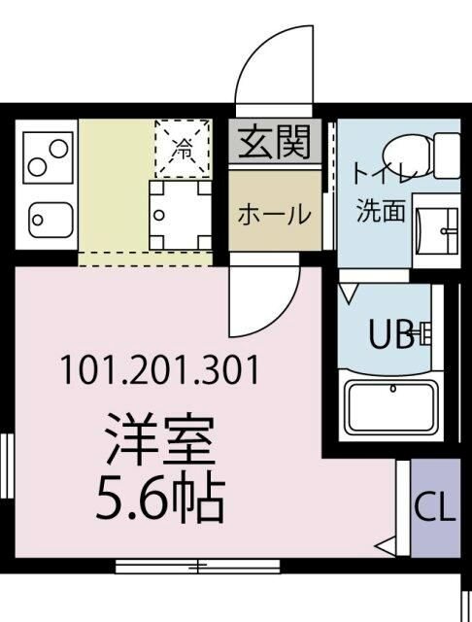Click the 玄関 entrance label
click(274, 143)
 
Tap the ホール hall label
click(275, 214)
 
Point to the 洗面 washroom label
click(381, 211)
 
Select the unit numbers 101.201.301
click(159, 370)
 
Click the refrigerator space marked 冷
click(182, 148)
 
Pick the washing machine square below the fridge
click(181, 214)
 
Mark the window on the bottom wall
click(197, 565)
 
